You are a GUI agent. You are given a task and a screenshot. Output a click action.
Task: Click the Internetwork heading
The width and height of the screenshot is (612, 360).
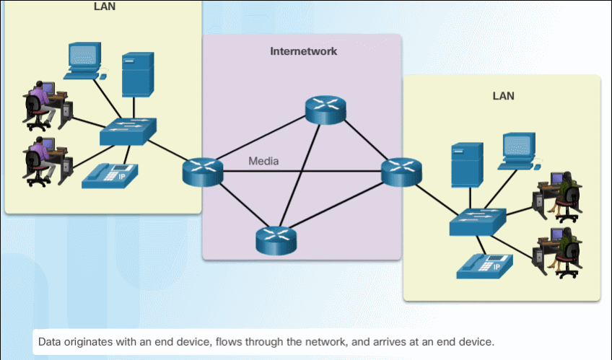(303, 52)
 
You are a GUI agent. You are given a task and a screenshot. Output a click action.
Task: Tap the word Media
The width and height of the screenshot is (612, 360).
(263, 161)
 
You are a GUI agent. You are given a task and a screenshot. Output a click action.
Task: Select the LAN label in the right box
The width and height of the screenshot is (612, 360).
(503, 95)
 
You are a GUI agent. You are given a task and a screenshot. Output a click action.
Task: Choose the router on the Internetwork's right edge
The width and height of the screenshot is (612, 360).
(401, 172)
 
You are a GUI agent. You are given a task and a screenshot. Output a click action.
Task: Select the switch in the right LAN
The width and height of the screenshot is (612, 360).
(478, 221)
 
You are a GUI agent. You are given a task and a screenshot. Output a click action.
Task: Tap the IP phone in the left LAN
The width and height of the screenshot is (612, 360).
(110, 176)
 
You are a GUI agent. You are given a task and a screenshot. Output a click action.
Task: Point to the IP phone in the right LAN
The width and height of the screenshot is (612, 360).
(484, 266)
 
